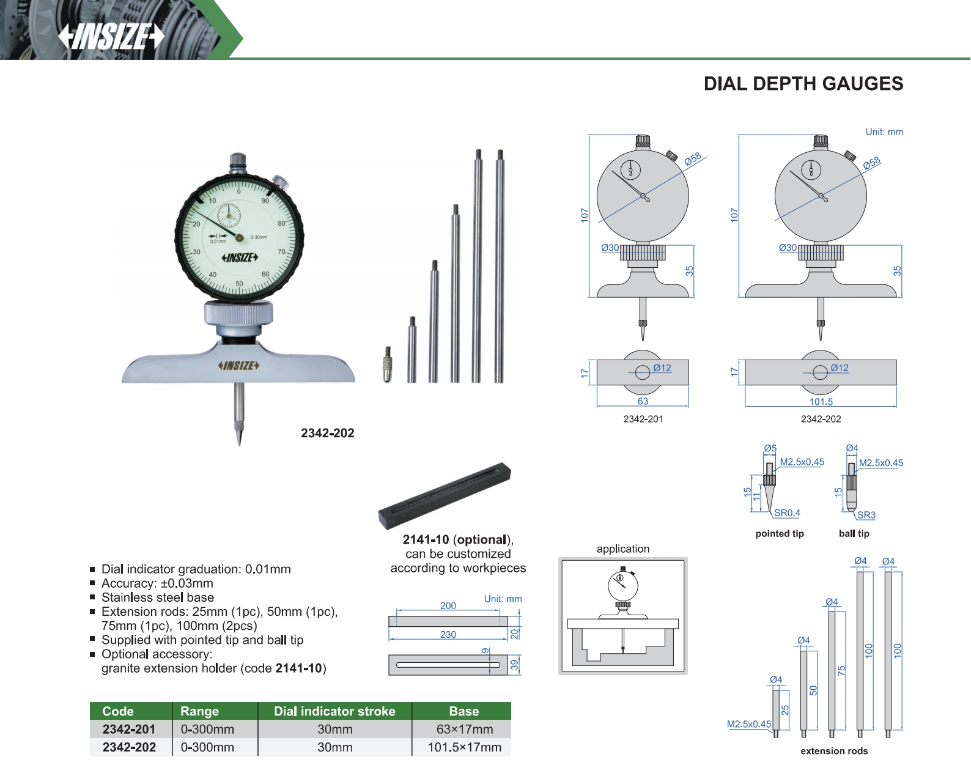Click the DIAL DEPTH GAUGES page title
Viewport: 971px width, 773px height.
pos(803,84)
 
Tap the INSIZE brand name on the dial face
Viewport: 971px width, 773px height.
pos(240,257)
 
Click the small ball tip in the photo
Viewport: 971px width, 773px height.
pos(388,364)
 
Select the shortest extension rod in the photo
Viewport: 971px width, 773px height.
pos(412,350)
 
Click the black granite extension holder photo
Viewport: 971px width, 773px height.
pos(445,495)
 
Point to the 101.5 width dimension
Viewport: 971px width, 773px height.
pos(821,401)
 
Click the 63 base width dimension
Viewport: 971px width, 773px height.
pos(643,401)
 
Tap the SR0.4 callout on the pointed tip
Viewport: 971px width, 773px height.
pos(787,512)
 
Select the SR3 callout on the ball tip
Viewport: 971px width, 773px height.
pos(866,515)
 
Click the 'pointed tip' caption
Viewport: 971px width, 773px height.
pos(780,533)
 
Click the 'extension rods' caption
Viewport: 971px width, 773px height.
pos(834,751)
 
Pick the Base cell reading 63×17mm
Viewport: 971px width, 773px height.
pos(464,729)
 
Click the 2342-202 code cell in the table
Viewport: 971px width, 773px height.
pos(129,747)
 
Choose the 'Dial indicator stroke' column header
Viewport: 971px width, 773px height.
pos(334,711)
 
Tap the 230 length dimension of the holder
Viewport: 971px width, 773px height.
pos(448,634)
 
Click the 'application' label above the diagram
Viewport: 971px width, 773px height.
pos(622,549)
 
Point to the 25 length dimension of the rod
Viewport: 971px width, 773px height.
pos(785,710)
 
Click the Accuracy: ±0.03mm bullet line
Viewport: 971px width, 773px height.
pos(157,583)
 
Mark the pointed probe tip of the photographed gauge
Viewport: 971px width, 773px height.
pos(239,445)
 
